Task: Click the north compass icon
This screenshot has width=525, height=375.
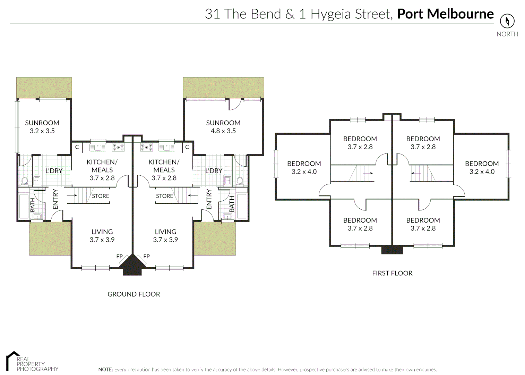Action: [x=507, y=21]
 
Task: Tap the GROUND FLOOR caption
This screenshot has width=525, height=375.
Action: [x=134, y=294]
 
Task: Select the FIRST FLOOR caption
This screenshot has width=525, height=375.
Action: [x=392, y=273]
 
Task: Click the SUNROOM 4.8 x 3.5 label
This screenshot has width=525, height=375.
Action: [x=223, y=127]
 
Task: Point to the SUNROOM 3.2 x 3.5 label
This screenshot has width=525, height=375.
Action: [x=42, y=127]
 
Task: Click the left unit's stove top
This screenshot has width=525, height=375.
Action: [x=118, y=147]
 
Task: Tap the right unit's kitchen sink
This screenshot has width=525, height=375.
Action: [x=167, y=148]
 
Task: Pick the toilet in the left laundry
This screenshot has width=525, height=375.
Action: [x=25, y=181]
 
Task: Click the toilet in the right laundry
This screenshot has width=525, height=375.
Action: [x=240, y=181]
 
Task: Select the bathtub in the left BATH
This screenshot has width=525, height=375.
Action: [x=24, y=206]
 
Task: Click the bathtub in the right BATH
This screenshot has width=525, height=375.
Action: [x=241, y=206]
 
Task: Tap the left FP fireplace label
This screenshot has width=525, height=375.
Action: [x=119, y=256]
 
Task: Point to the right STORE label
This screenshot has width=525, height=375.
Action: [x=164, y=196]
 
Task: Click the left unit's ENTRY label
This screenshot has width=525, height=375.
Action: [x=55, y=199]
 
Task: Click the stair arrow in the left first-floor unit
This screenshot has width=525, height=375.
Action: [x=367, y=173]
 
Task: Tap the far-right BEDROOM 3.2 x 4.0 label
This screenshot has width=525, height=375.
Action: [x=482, y=167]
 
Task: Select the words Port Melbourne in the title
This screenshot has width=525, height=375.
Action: [x=445, y=14]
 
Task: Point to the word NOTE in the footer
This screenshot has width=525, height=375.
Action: [x=105, y=369]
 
